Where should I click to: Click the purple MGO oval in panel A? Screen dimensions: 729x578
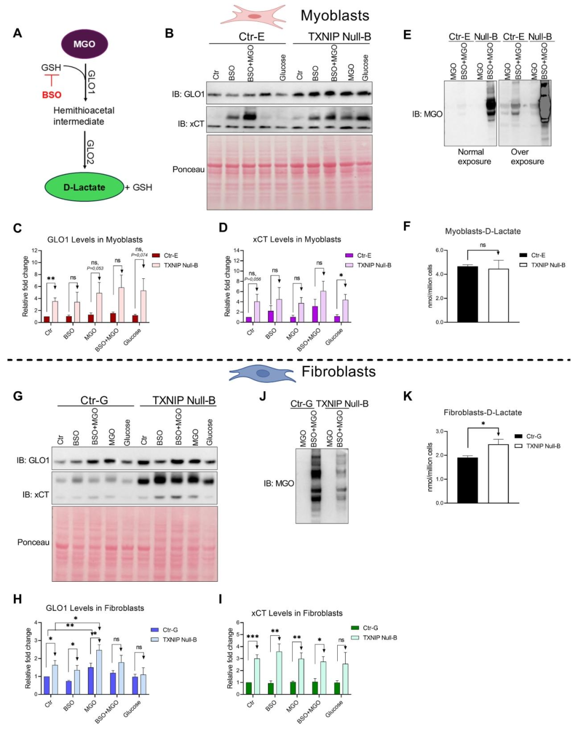click(x=84, y=44)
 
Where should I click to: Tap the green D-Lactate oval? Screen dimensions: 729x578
click(x=84, y=187)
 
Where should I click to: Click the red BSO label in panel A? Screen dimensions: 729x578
click(x=52, y=95)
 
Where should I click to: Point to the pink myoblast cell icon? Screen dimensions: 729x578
click(x=253, y=16)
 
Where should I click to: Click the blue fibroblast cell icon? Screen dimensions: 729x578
click(x=262, y=373)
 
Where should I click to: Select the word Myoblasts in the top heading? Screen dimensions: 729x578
click(x=334, y=16)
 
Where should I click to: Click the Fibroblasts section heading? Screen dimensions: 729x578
click(x=338, y=371)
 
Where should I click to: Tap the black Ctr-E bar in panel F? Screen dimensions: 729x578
click(x=467, y=294)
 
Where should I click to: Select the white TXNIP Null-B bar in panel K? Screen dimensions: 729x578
click(x=498, y=473)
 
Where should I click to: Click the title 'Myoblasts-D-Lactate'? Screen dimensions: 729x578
click(x=483, y=231)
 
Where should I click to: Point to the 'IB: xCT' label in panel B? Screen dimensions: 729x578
click(x=191, y=124)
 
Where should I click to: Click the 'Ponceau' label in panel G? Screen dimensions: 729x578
click(x=33, y=542)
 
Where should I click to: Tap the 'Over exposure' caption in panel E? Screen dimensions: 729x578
click(x=527, y=156)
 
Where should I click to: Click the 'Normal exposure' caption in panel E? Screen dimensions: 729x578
click(x=474, y=156)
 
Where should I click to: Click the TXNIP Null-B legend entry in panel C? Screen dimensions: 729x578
click(x=175, y=265)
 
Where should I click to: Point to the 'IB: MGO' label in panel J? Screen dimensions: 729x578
click(x=279, y=483)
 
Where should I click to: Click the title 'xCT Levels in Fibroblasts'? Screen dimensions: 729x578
click(x=297, y=613)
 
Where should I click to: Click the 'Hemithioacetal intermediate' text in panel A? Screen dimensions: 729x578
click(x=84, y=116)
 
